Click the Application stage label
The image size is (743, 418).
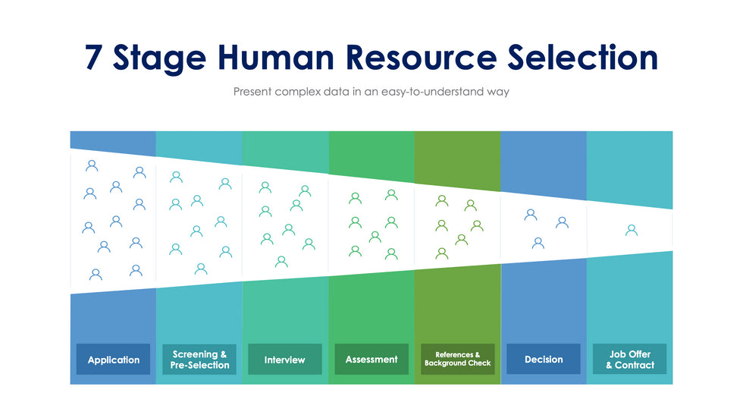coord(113,360)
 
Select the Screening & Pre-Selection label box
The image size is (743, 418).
coord(199,360)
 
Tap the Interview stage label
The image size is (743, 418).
coord(285,360)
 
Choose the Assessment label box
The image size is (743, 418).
coord(371,359)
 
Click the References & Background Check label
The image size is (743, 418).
coord(457,359)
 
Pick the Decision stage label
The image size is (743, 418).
coord(543,359)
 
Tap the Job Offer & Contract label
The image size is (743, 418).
coord(629,359)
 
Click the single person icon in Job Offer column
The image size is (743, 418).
coord(631,230)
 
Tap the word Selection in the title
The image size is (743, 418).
coord(585,58)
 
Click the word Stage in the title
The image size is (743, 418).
coord(159,59)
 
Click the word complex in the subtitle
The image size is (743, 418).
coord(303,93)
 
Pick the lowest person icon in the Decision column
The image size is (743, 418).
coord(538,244)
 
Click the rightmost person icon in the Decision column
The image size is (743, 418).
coord(562,222)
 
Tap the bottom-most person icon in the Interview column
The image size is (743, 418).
coord(281,262)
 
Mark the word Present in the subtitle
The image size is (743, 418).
coord(256,92)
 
